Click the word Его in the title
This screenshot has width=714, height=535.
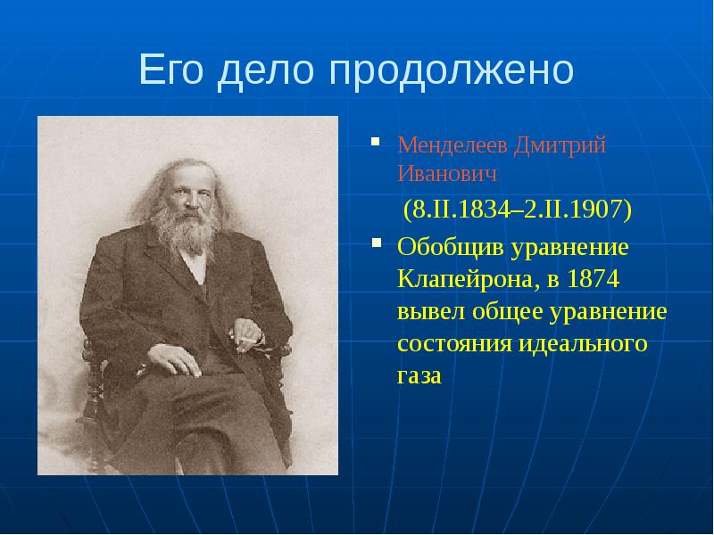point(171,70)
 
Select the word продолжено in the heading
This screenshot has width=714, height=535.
point(451,70)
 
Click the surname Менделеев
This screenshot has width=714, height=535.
point(451,144)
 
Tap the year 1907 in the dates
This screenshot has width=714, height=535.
point(598,210)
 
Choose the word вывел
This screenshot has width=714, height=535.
point(427,312)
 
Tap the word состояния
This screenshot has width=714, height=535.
point(452,344)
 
